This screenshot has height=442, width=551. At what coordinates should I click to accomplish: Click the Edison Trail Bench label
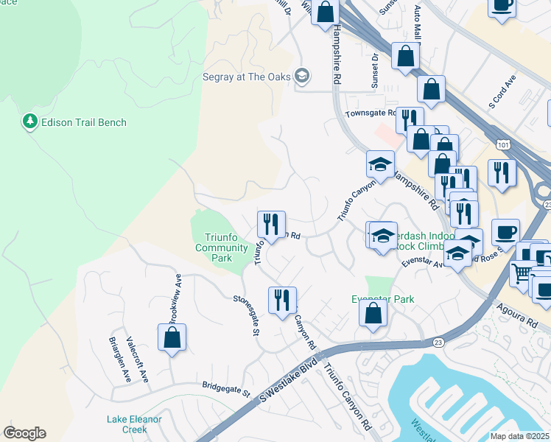tap(84, 122)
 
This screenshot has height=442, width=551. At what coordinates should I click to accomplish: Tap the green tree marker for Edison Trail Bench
tap(30, 122)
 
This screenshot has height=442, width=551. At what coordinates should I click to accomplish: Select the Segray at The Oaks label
tap(247, 76)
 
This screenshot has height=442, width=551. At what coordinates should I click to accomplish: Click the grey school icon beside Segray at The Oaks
tap(301, 76)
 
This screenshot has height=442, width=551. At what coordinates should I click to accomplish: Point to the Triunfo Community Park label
tap(222, 248)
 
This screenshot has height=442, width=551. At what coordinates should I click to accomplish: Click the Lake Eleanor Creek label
tap(134, 424)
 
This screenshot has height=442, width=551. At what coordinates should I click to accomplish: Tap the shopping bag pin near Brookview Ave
tap(172, 337)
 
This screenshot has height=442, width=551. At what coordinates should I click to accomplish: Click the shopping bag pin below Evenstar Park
tap(373, 312)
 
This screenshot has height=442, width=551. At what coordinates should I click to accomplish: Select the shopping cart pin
tap(523, 273)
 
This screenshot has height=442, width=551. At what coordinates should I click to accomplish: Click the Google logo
tap(25, 433)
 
